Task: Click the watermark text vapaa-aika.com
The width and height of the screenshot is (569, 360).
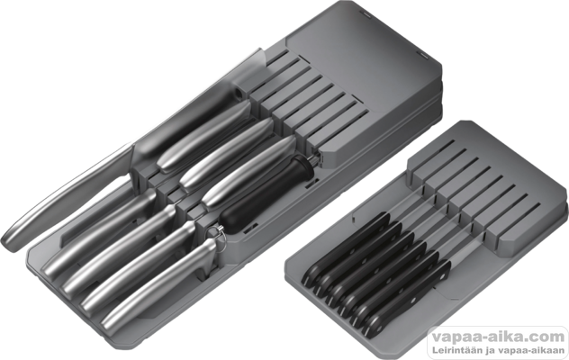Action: tap(498, 337)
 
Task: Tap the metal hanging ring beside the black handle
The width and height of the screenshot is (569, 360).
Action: tap(219, 235)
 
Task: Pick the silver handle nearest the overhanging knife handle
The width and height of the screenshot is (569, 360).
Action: tap(99, 231)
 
